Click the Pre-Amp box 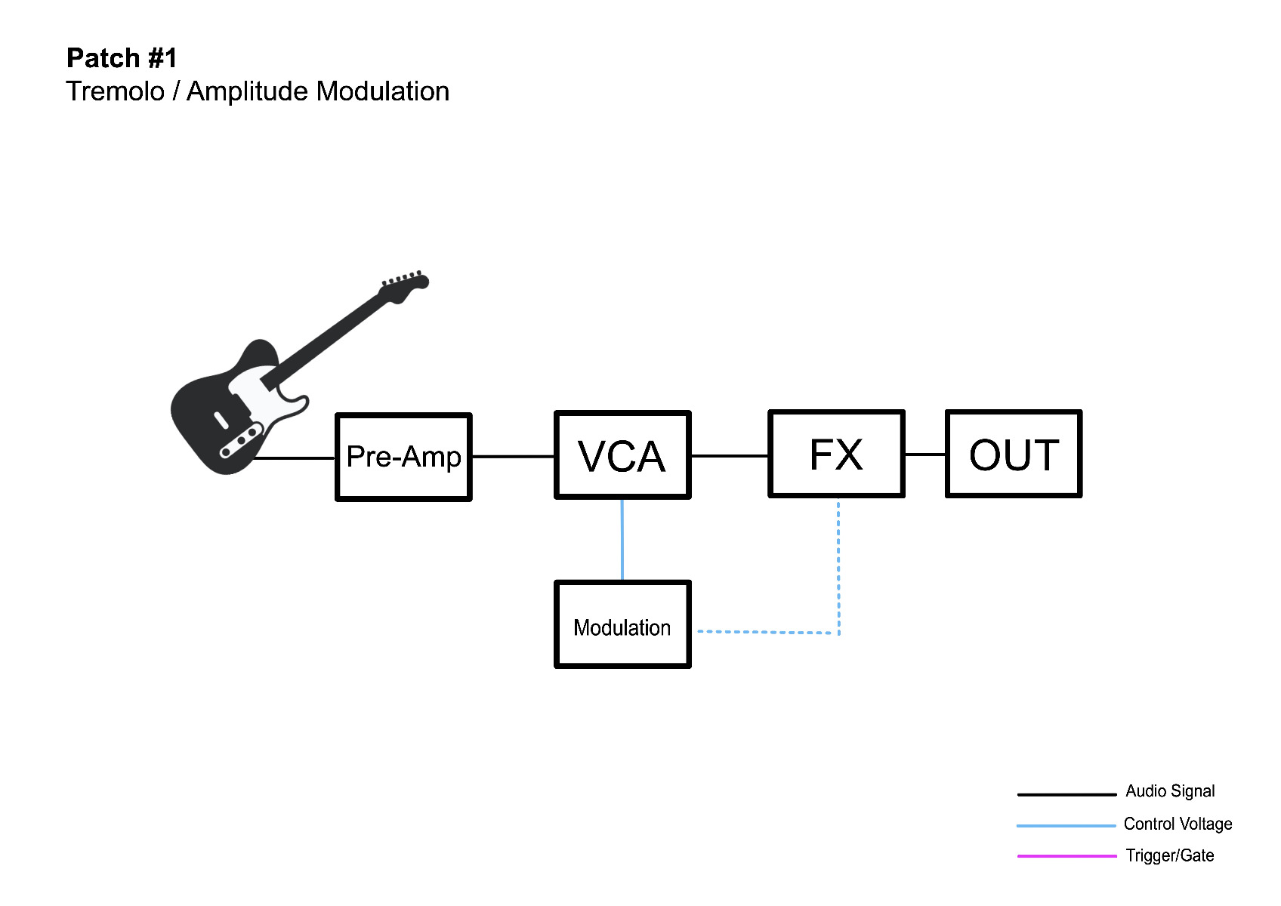(403, 457)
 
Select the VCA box (622, 455)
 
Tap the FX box (836, 454)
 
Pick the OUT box (1014, 454)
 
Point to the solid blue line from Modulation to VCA (622, 540)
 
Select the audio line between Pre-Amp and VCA (514, 457)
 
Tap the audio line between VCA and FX (730, 456)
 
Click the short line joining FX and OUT (925, 455)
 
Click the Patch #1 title (122, 58)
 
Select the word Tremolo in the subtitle (116, 91)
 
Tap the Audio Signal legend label (1169, 791)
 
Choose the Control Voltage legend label (1178, 824)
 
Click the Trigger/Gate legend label (1169, 855)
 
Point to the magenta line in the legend (1066, 856)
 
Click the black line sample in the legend (1066, 794)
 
